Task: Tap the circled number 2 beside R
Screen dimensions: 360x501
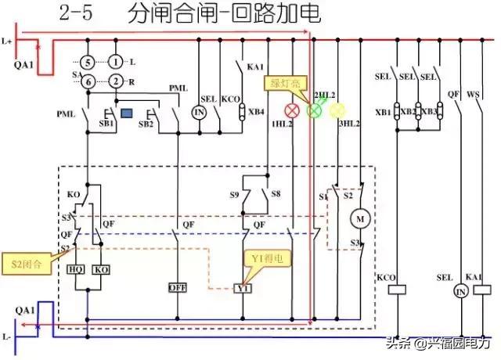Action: tap(115, 81)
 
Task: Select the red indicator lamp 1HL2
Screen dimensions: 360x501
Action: tap(295, 111)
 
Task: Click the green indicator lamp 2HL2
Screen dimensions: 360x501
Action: tap(315, 111)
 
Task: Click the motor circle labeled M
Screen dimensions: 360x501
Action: tap(361, 218)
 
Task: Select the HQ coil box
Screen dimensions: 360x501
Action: tap(77, 269)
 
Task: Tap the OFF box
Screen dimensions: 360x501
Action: tap(178, 287)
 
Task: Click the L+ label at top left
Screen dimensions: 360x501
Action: tap(8, 40)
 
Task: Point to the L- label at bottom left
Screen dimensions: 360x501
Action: tap(8, 336)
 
